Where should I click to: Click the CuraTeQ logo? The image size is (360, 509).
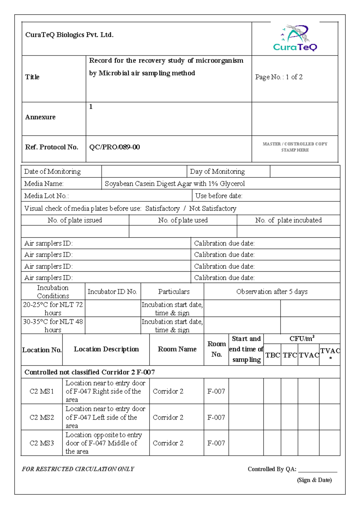[x=295, y=38]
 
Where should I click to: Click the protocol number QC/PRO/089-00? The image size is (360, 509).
[x=114, y=147]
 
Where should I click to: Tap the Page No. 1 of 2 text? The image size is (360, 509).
[x=279, y=77]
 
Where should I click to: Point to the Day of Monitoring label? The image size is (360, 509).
[x=217, y=171]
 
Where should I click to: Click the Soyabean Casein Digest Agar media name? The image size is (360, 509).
[x=175, y=183]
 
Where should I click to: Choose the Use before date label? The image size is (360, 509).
[x=219, y=196]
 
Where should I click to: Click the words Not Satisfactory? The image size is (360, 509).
[x=213, y=208]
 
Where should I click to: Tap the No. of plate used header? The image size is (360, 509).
[x=183, y=220]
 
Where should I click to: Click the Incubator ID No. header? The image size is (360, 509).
[x=112, y=291]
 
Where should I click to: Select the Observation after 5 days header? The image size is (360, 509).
[x=272, y=291]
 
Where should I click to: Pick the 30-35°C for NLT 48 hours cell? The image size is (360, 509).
[x=53, y=326]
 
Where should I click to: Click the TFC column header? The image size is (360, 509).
[x=289, y=355]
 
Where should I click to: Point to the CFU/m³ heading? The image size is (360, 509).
[x=302, y=339]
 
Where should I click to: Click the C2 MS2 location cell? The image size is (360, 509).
[x=42, y=417]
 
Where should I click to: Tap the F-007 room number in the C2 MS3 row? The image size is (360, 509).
[x=216, y=443]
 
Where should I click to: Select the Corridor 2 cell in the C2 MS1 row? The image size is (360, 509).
[x=168, y=391]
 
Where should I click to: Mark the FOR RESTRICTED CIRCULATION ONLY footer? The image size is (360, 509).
[x=78, y=469]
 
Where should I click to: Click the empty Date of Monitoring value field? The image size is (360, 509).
[x=144, y=171]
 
